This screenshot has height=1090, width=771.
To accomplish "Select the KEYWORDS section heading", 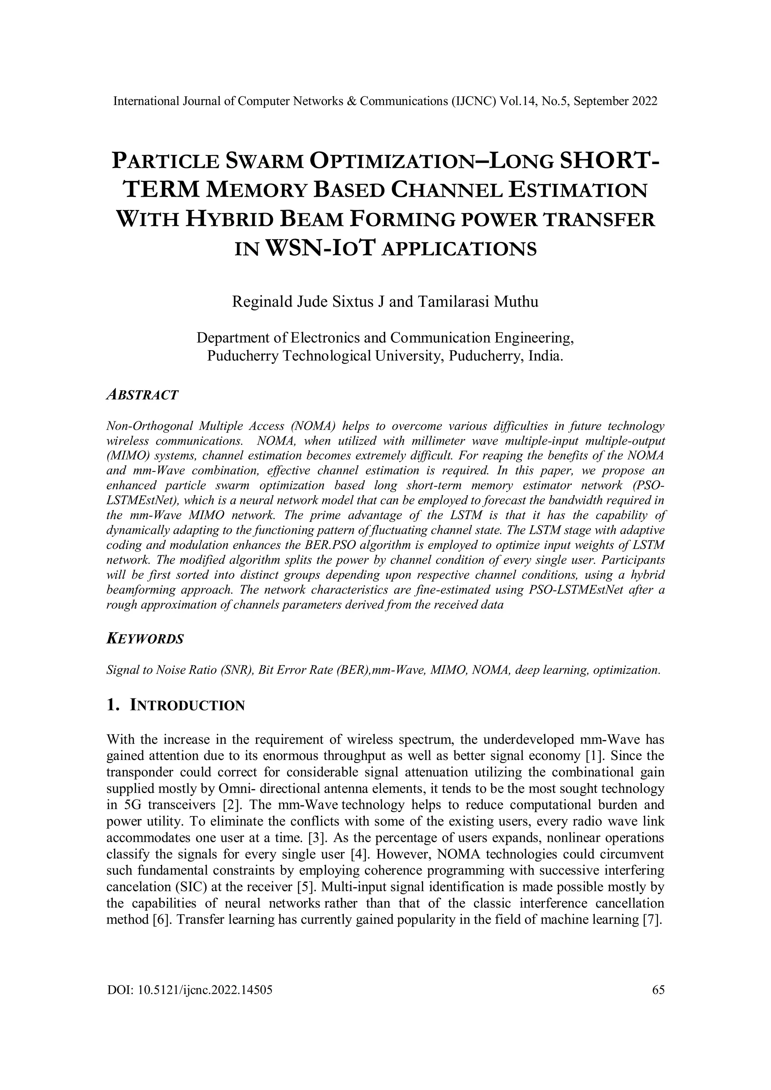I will tap(145, 639).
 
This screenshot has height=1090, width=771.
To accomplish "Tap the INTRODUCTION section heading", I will tap(187, 705).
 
